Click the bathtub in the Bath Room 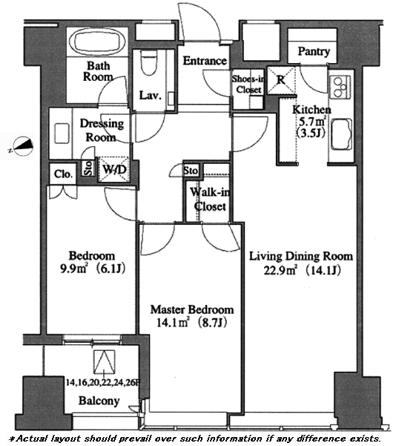click(x=97, y=42)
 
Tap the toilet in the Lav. click(x=150, y=63)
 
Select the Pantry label click(x=314, y=52)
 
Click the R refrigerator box click(x=281, y=80)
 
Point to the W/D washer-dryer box click(x=114, y=169)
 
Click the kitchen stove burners click(x=340, y=87)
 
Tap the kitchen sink click(x=341, y=135)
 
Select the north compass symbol click(x=23, y=145)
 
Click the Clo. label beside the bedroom click(x=63, y=174)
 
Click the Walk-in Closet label click(x=211, y=200)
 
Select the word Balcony click(x=99, y=401)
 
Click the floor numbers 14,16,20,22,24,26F click(x=103, y=383)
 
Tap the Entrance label click(x=205, y=61)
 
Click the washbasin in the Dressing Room click(x=62, y=133)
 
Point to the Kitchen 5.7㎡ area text click(x=312, y=122)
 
